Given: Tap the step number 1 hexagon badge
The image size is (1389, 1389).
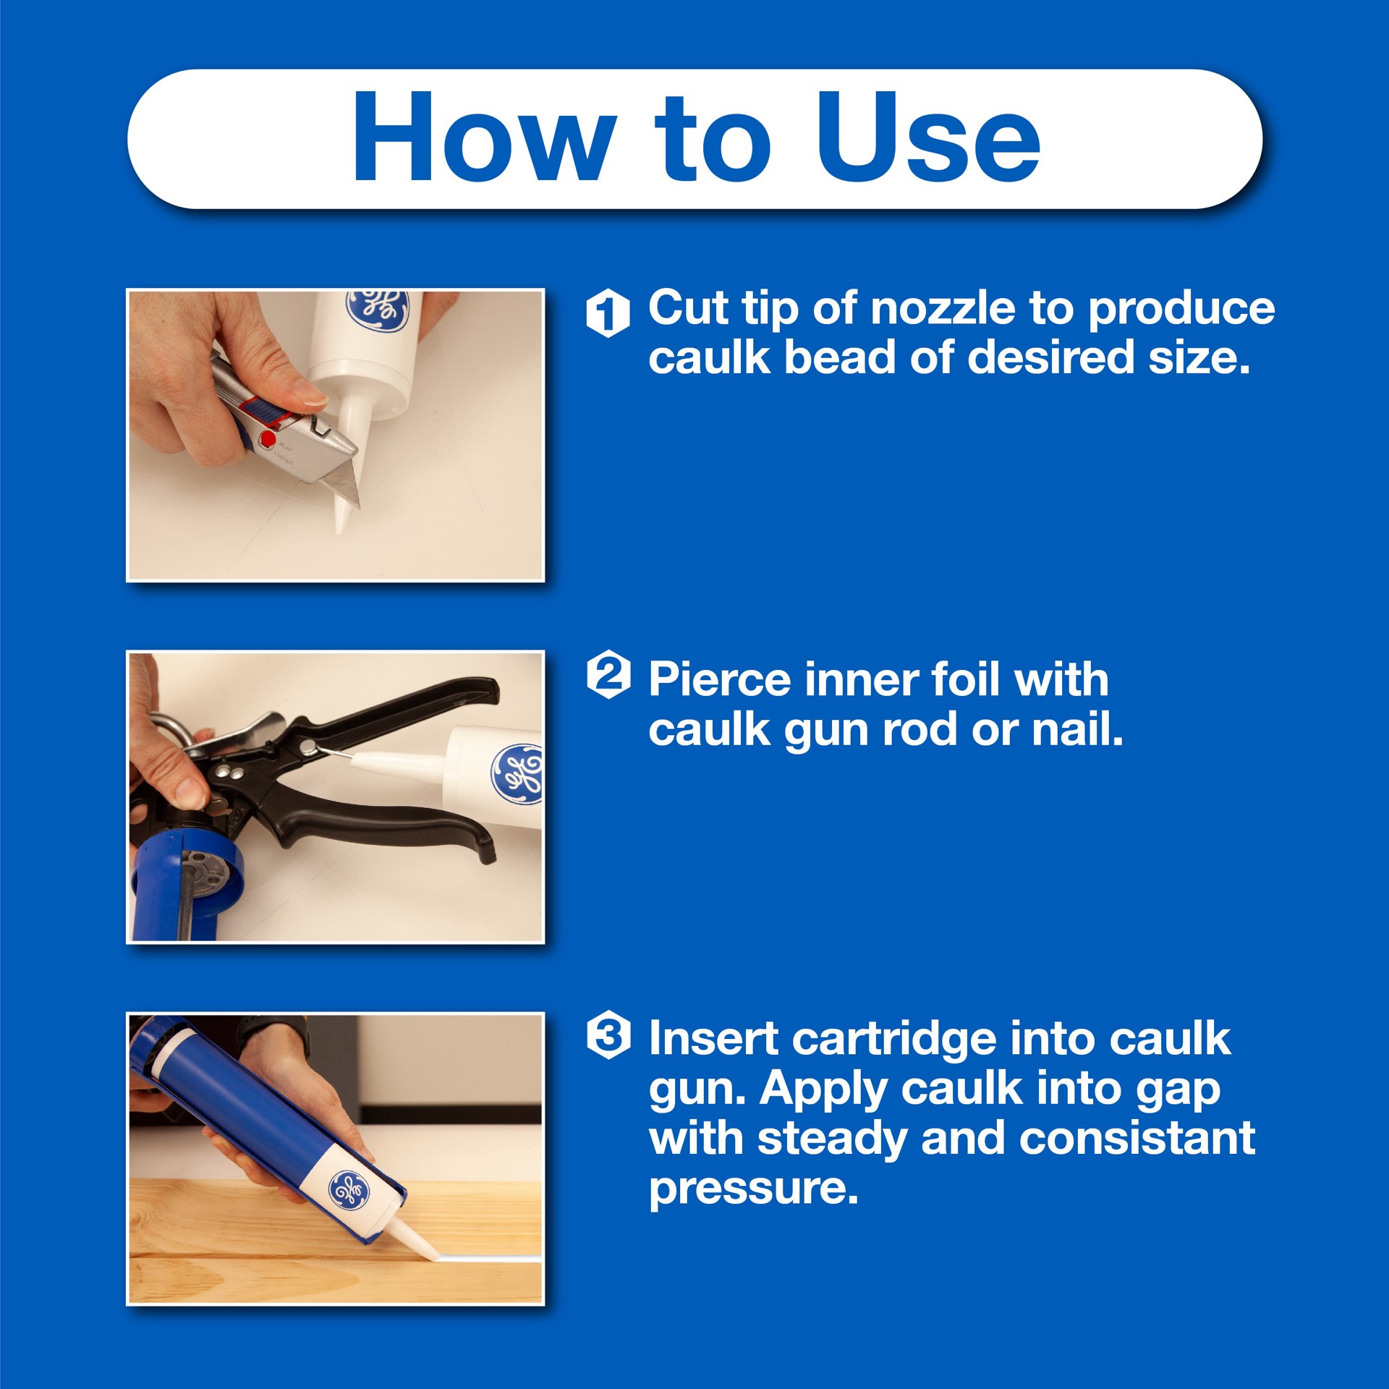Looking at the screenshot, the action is click(x=608, y=313).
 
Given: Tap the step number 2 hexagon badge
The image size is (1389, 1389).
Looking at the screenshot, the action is click(x=608, y=674).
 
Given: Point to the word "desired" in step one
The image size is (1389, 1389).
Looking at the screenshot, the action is click(x=1052, y=357).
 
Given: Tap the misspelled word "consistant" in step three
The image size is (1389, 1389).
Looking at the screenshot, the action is click(x=1137, y=1139).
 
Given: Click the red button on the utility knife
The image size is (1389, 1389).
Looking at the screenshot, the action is click(x=268, y=438).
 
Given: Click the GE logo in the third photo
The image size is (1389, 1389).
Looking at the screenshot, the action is click(x=349, y=1191).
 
